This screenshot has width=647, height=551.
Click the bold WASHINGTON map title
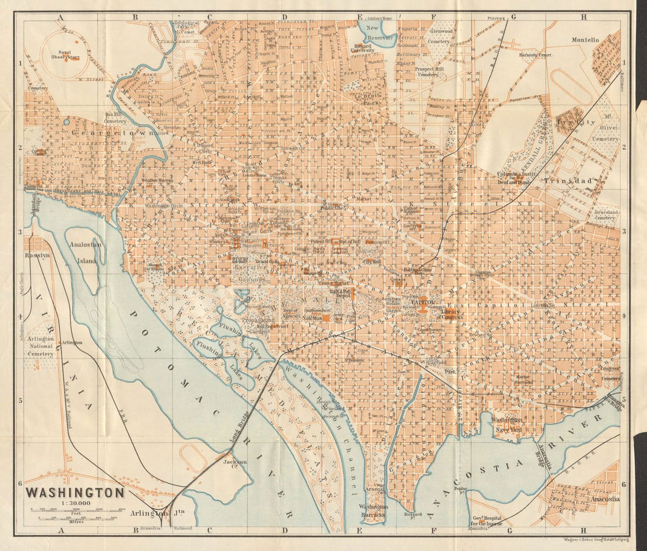coord(75,492)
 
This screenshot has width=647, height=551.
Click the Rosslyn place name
coord(36,256)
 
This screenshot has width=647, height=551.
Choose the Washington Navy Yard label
coord(508,425)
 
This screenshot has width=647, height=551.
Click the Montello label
coord(585,40)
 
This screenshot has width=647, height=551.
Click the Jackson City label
coord(235,465)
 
